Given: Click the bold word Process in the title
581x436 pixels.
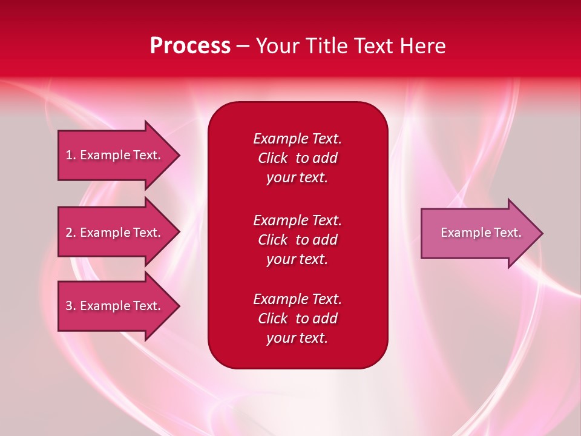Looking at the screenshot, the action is (x=190, y=46).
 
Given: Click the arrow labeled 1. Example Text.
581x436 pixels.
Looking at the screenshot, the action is (x=119, y=156).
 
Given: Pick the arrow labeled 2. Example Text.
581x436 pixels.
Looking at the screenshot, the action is (x=119, y=232).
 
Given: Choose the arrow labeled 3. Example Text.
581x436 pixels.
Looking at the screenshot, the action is (x=119, y=306).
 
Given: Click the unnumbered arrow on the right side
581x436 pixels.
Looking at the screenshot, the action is (x=482, y=233).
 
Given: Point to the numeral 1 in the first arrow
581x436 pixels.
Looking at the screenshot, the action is (x=68, y=155).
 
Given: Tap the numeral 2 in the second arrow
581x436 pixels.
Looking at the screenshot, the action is (x=68, y=233).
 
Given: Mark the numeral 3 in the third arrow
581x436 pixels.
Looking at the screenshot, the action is (x=68, y=305).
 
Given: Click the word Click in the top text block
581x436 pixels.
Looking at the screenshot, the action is (x=273, y=158).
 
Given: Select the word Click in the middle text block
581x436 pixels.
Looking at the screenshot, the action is (x=273, y=240).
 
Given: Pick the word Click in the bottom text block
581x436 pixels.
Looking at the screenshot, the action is (x=273, y=318).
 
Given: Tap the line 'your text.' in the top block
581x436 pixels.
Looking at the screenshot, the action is (x=297, y=178).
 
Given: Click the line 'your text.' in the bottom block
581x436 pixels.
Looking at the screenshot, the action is (x=297, y=338).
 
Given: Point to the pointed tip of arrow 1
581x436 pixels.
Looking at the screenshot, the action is (x=180, y=156).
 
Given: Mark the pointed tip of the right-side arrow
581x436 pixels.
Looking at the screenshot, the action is (x=543, y=233).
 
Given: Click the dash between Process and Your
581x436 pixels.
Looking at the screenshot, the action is (x=243, y=47).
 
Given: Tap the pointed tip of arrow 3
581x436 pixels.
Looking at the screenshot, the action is (x=180, y=306).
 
